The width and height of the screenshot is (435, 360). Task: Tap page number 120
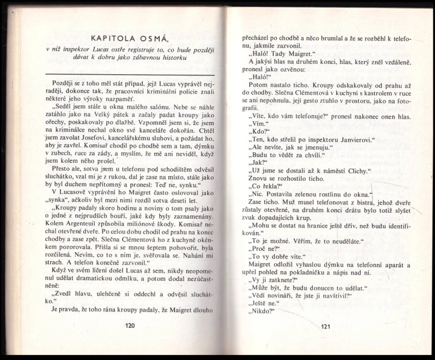(129, 325)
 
